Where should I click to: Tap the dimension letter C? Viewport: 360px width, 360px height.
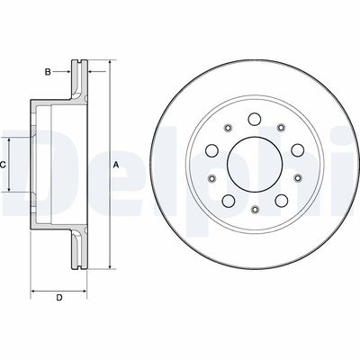click(4, 166)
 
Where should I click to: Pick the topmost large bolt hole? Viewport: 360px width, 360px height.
click(253, 119)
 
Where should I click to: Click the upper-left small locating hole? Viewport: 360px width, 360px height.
click(228, 129)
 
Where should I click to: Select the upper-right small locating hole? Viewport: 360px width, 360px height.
click(279, 129)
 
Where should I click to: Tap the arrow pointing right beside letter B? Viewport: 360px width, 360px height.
click(67, 69)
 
